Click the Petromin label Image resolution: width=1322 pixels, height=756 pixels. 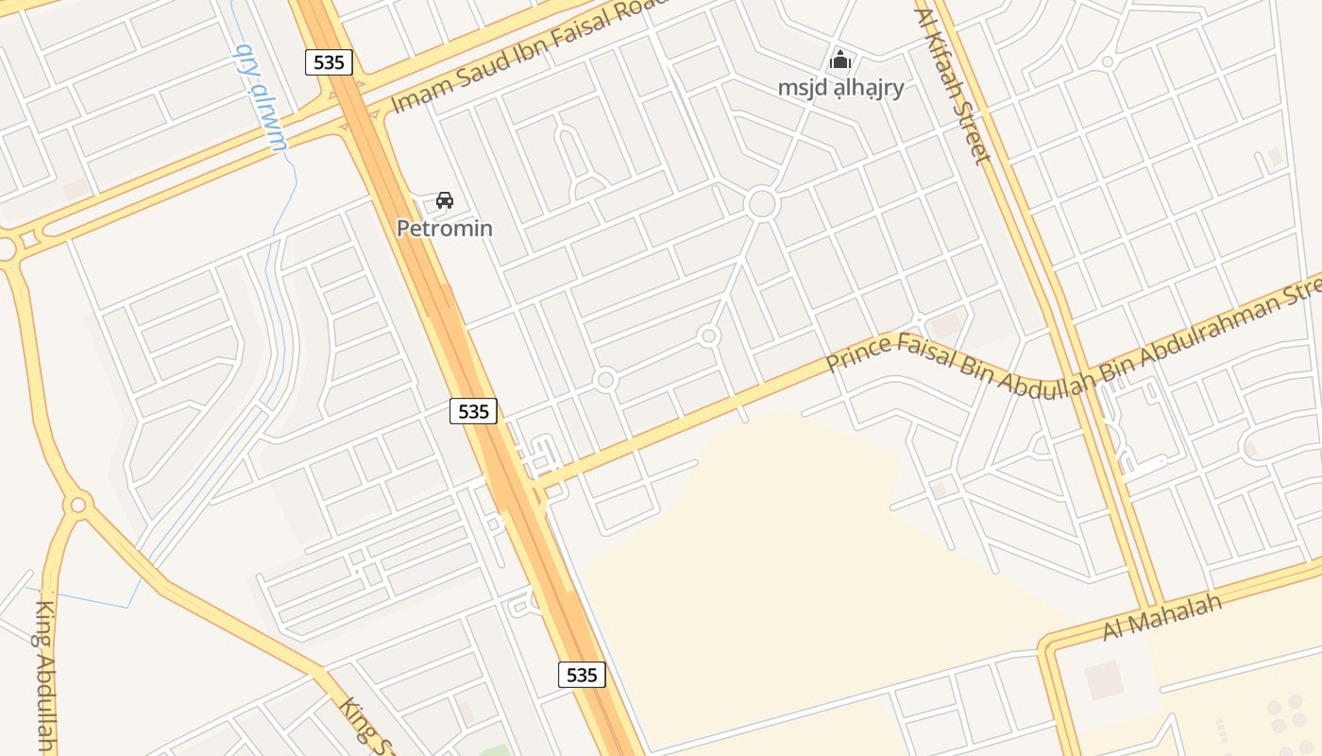[444, 229]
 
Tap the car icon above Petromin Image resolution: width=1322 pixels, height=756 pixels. [445, 200]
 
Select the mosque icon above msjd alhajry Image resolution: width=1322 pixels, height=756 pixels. [839, 61]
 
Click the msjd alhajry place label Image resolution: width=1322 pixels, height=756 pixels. [840, 88]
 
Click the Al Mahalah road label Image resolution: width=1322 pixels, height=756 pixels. [1162, 616]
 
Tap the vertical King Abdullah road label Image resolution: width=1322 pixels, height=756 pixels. [44, 677]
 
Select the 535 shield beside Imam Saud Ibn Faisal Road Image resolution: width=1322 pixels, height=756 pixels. [329, 62]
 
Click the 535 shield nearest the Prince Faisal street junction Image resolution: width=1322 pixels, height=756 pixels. [473, 411]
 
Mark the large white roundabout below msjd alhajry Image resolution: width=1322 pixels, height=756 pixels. [761, 203]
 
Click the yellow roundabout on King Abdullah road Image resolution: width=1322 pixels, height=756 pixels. [78, 505]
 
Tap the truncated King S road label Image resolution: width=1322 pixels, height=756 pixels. [364, 726]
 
